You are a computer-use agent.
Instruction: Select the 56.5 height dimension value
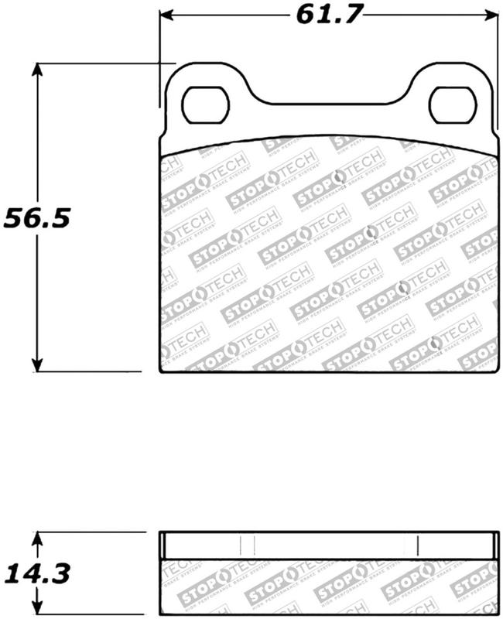37,218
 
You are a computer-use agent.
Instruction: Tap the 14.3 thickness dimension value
37,574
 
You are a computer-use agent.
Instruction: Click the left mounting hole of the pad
207,104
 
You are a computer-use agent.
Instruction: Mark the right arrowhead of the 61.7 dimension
492,14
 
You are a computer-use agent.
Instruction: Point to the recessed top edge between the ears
329,103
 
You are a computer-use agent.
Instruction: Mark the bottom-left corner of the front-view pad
160,372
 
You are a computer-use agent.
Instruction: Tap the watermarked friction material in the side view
329,588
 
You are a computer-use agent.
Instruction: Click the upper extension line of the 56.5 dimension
101,63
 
